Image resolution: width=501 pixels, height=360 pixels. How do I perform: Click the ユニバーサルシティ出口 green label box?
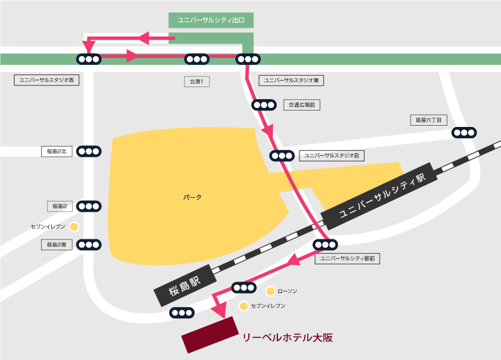(x=211, y=20)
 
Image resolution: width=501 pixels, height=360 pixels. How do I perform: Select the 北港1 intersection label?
(x=196, y=81)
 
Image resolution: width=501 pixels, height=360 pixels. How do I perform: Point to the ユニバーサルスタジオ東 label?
(x=292, y=80)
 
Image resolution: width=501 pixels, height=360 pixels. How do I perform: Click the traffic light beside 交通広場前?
(x=263, y=105)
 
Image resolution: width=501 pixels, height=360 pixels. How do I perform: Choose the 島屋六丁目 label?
(x=429, y=119)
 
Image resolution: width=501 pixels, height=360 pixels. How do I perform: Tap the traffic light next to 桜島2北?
(x=88, y=151)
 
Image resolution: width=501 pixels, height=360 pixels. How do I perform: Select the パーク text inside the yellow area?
(x=193, y=198)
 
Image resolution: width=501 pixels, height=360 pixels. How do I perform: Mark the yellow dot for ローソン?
(x=270, y=291)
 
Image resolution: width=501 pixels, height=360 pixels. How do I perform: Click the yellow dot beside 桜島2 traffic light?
(x=74, y=226)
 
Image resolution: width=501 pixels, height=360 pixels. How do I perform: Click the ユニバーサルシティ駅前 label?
(x=347, y=258)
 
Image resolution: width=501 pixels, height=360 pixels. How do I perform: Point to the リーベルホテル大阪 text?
(x=287, y=338)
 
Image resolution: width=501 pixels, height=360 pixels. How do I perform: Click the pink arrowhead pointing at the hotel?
(x=219, y=309)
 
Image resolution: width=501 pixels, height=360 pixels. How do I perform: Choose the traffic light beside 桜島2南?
(x=88, y=244)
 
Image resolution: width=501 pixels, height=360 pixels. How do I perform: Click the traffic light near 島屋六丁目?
(x=464, y=133)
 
